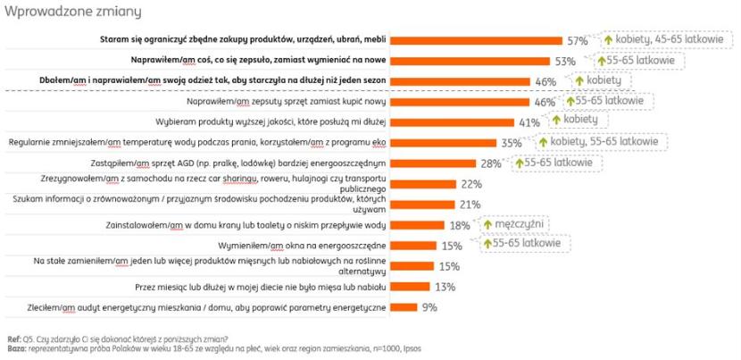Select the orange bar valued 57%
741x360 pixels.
(477, 41)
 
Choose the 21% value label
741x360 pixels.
(470, 205)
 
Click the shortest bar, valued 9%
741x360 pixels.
(404, 307)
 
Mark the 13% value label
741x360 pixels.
(444, 287)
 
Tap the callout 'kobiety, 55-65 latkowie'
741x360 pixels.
(610, 143)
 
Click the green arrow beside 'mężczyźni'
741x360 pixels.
(487, 224)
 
